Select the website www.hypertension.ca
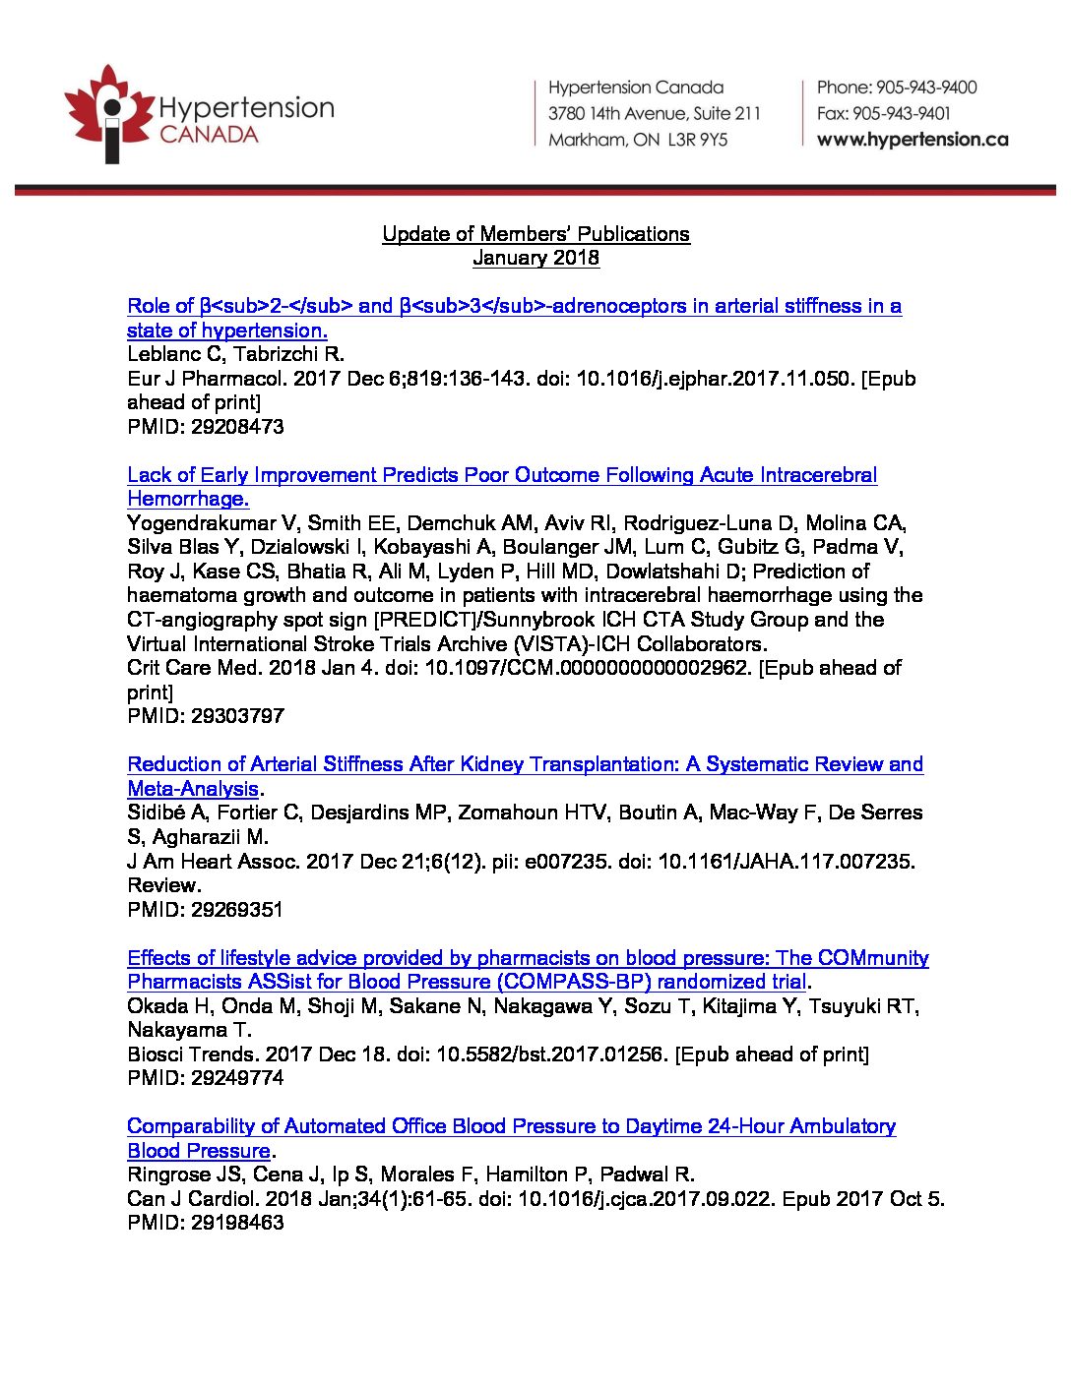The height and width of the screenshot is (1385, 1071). (x=913, y=140)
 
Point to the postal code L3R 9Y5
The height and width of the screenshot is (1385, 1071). (x=698, y=140)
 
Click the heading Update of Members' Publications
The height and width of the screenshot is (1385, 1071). (x=535, y=234)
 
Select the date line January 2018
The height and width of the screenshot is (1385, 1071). (x=535, y=258)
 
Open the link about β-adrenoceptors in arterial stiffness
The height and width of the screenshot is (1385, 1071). (x=514, y=306)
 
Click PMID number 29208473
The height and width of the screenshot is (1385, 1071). (x=237, y=427)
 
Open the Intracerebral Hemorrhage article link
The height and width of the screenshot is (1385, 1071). (x=502, y=475)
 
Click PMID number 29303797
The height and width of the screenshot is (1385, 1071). (x=237, y=716)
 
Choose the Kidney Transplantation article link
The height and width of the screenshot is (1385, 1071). (x=525, y=764)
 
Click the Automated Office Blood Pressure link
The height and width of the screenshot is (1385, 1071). (x=511, y=1126)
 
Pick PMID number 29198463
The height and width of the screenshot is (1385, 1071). (x=237, y=1223)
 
